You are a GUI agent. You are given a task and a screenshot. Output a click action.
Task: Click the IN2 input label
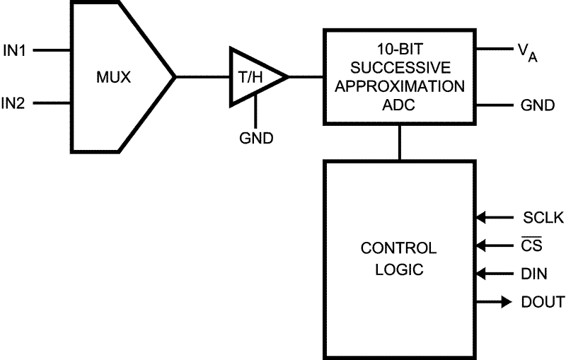[15, 103]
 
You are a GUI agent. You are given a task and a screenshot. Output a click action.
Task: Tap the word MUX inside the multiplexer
[114, 76]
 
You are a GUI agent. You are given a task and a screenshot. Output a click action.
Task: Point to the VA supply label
[526, 52]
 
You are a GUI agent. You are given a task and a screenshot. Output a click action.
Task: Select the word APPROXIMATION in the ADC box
[400, 88]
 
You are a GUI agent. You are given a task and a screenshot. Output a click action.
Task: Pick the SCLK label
[543, 218]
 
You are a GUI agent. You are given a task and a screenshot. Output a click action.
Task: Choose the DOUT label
[543, 302]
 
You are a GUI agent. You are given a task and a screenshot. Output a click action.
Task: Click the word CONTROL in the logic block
[398, 249]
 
